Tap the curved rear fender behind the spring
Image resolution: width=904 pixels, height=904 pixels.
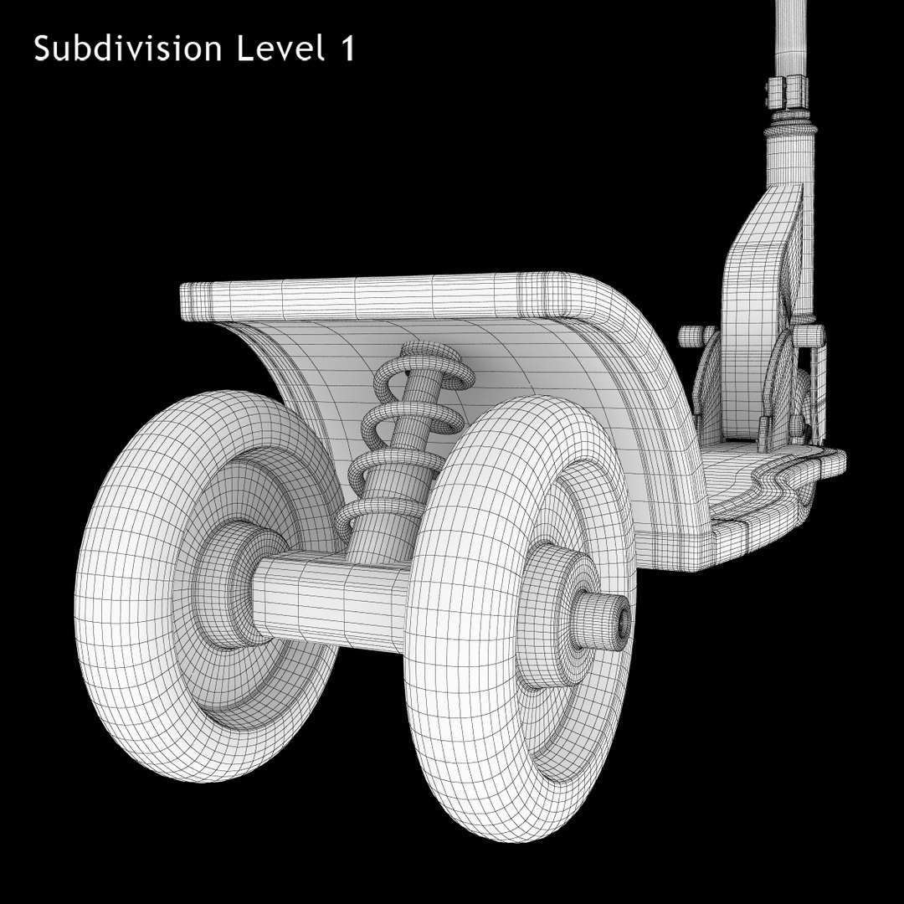pyautogui.click(x=536, y=368)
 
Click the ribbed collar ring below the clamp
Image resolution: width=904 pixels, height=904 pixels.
pyautogui.click(x=791, y=126)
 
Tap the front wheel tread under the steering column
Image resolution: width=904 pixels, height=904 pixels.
pyautogui.click(x=753, y=335)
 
